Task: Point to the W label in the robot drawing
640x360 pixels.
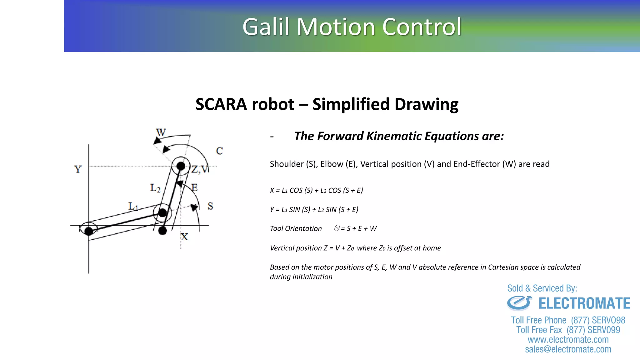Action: [x=161, y=132]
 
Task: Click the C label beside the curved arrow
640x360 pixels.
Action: [x=219, y=151]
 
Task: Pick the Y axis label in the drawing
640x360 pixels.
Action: [x=78, y=169]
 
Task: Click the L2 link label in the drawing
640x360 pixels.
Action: [x=155, y=188]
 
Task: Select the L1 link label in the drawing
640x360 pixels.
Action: [x=133, y=206]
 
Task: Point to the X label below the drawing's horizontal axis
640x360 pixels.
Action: [x=184, y=237]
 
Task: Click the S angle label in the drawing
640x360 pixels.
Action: [x=210, y=206]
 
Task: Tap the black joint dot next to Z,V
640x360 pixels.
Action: [x=181, y=166]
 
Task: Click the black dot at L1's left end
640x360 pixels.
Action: [x=89, y=231]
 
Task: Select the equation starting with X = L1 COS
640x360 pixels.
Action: [x=316, y=190]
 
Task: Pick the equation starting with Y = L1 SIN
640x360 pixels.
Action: [x=314, y=209]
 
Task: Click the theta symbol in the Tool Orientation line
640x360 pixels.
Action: [x=337, y=228]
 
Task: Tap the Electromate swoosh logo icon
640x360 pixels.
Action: [x=519, y=303]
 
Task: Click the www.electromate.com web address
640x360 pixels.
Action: [x=568, y=340]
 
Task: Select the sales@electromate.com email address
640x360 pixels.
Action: [x=568, y=349]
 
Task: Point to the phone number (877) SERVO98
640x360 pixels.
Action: [x=598, y=320]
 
